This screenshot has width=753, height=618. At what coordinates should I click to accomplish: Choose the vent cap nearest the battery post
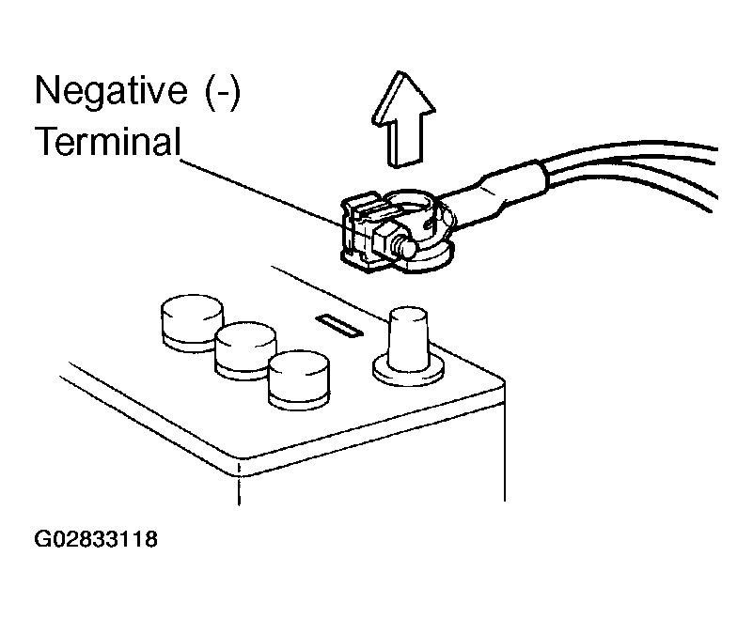(298, 379)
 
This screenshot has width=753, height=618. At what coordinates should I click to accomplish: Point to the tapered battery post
(407, 339)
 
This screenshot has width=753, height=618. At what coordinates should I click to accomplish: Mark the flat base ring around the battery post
(408, 370)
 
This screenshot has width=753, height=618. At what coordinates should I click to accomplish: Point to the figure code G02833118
(96, 541)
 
